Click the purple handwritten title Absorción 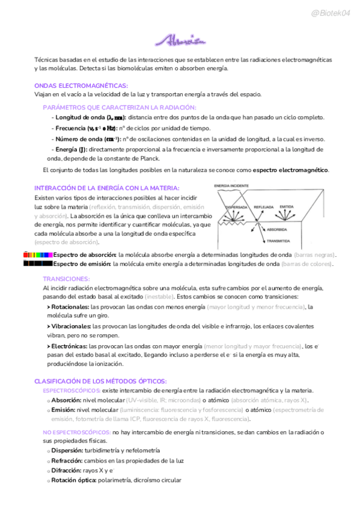(x=180, y=41)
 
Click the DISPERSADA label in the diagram (x=236, y=206)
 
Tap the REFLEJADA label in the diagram (x=264, y=206)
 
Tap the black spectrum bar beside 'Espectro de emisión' (x=38, y=263)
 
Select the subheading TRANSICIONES (x=66, y=279)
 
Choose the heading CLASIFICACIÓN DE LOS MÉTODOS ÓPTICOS (x=100, y=381)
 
